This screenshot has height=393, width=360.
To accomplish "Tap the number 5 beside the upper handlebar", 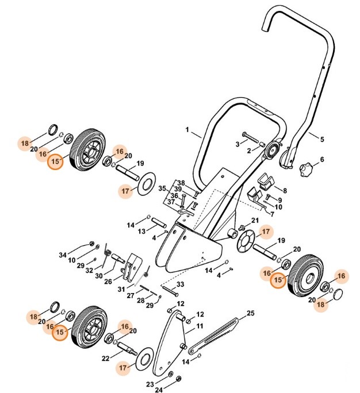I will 322,139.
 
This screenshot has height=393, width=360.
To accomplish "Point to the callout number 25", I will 250,313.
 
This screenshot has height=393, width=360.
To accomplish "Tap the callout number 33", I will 180,285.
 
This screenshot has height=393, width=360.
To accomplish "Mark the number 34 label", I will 63,255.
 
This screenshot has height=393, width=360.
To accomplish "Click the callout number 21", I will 255,221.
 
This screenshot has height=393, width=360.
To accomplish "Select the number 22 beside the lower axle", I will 105,358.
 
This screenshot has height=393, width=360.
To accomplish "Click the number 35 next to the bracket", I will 162,188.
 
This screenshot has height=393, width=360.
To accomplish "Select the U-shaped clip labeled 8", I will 266,182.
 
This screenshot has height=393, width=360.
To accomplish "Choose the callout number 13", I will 141,231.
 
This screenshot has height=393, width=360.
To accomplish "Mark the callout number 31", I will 121,288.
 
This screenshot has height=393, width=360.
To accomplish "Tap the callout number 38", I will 180,182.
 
